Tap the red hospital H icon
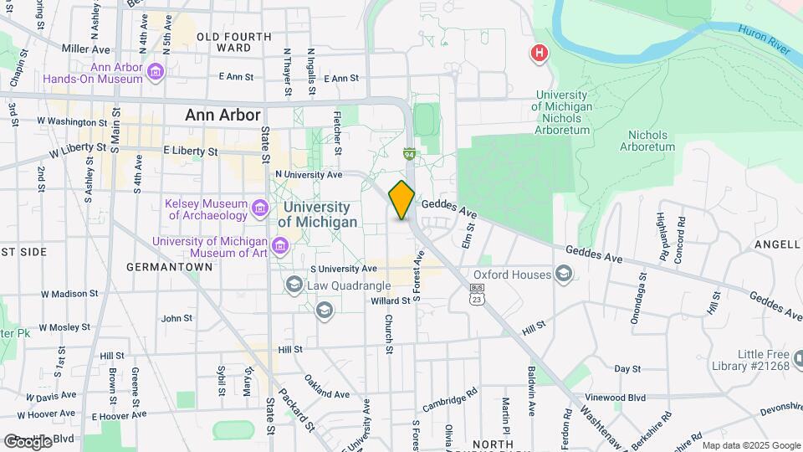(x=540, y=54)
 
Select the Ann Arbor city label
(x=223, y=116)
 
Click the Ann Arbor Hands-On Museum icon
(x=156, y=72)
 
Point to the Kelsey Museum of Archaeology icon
(x=260, y=208)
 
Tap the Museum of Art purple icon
(x=279, y=244)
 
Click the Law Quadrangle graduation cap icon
(x=294, y=285)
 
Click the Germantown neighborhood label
(x=169, y=267)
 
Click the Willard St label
(x=390, y=300)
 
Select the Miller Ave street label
(x=86, y=49)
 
